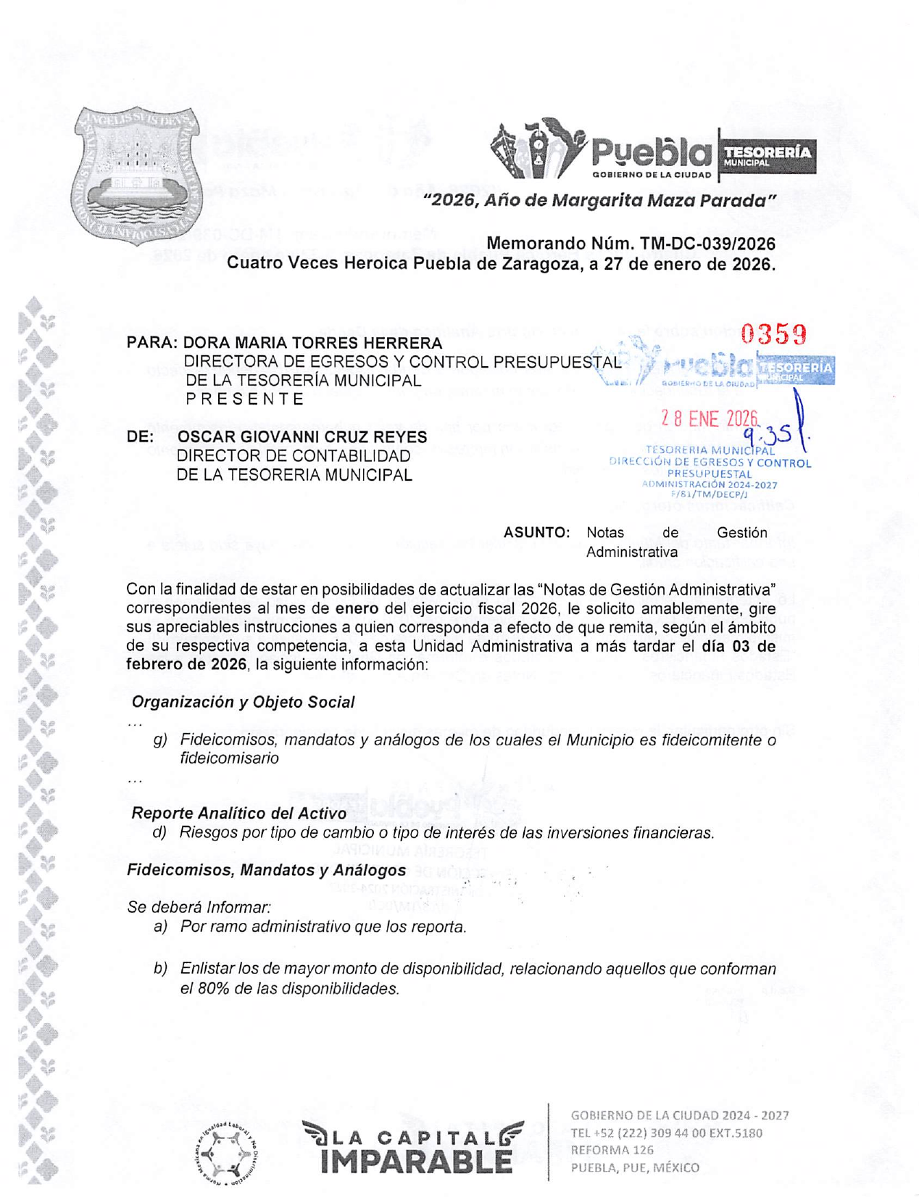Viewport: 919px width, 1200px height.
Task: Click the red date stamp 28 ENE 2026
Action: tap(709, 418)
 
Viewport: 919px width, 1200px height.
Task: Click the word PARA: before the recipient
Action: tap(151, 343)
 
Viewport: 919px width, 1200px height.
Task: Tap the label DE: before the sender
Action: tap(140, 437)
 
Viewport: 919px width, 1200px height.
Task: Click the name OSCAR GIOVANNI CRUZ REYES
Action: tap(302, 437)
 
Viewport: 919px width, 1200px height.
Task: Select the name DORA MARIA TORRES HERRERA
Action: tap(312, 343)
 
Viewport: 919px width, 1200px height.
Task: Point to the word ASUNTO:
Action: tap(536, 533)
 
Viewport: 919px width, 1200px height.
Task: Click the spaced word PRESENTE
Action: tap(245, 399)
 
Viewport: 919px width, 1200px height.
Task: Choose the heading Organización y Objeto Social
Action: tap(243, 702)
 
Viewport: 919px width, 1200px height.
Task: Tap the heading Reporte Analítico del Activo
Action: tap(238, 814)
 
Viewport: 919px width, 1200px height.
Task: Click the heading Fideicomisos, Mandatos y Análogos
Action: tap(266, 870)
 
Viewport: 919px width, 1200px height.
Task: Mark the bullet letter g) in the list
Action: tap(160, 740)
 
